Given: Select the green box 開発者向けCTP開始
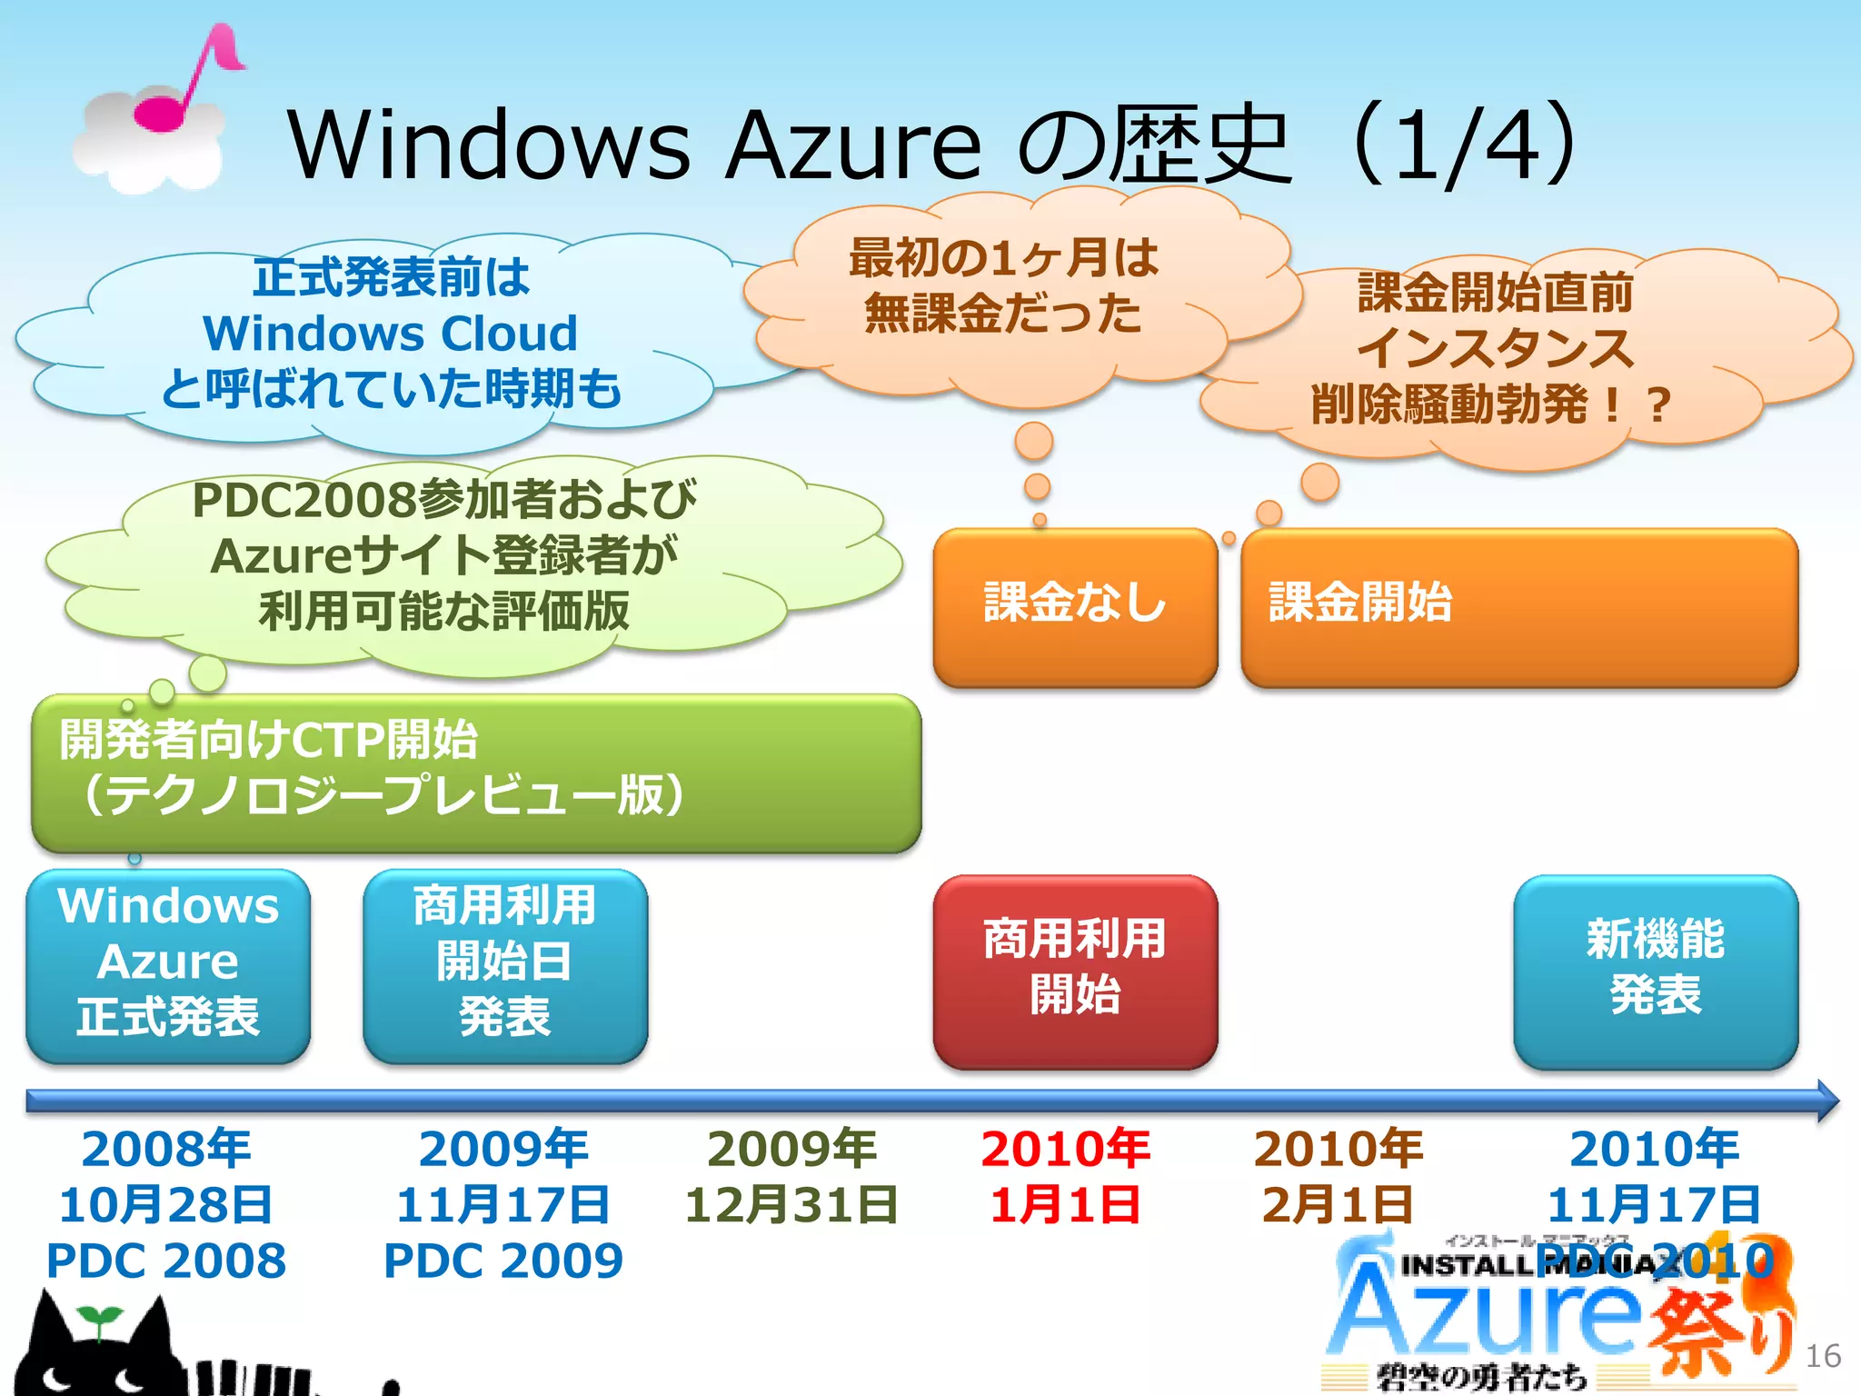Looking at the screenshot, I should coord(476,773).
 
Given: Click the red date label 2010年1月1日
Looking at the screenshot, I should coord(1065,1176).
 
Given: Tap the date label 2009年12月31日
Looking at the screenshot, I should coord(791,1176).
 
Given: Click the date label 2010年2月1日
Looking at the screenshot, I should coord(1338,1176).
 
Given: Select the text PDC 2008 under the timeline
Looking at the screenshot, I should coord(166,1261).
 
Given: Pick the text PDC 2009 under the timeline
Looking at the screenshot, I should coord(503,1261).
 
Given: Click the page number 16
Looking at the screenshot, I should coord(1822,1356).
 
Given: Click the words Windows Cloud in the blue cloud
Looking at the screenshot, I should coord(391,334).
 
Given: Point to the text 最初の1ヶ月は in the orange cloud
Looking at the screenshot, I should coord(1003,257).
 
